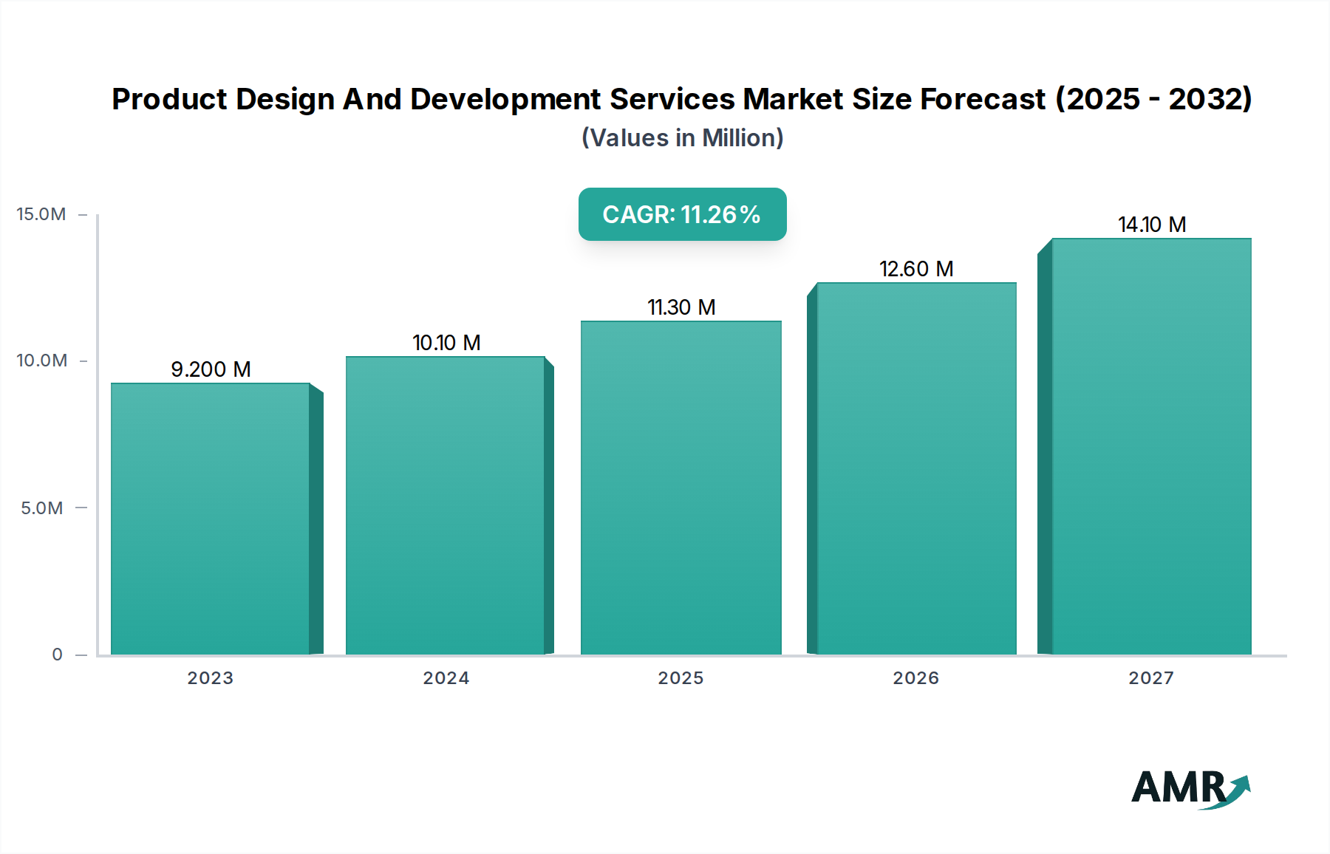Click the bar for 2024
click(x=446, y=505)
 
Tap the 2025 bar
click(x=681, y=488)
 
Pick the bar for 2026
click(x=916, y=468)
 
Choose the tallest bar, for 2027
click(x=1151, y=446)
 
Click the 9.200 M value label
click(x=211, y=369)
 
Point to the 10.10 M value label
click(x=446, y=343)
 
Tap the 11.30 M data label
click(x=681, y=307)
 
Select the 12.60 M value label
click(x=916, y=269)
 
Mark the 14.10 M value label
click(x=1152, y=225)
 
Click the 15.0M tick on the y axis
click(x=41, y=214)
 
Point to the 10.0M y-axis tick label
click(x=41, y=361)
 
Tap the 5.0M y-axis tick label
click(x=41, y=508)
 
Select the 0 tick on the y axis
click(x=57, y=655)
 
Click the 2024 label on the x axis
click(x=446, y=678)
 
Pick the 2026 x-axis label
click(x=915, y=678)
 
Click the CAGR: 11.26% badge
click(x=682, y=214)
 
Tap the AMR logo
click(x=1190, y=789)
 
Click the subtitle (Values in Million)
click(x=682, y=138)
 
